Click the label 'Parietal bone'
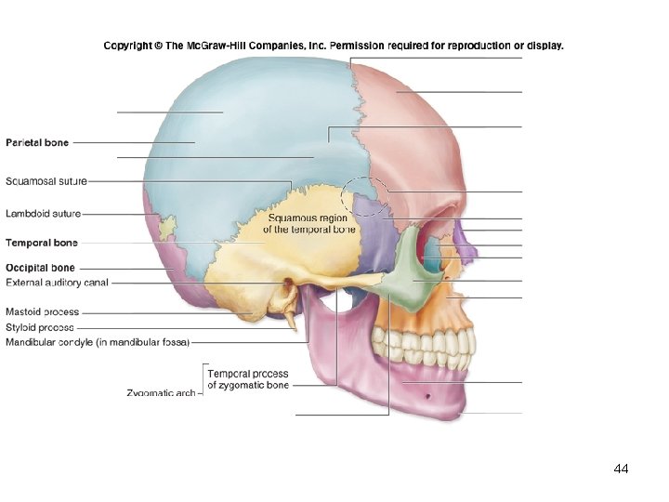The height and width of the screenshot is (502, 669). tap(37, 143)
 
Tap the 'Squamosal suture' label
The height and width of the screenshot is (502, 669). tap(46, 181)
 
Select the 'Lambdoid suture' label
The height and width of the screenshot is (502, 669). tap(43, 214)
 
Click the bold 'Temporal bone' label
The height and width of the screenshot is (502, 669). tap(42, 244)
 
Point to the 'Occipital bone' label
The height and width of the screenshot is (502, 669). tap(40, 269)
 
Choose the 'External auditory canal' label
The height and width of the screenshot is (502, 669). tap(57, 283)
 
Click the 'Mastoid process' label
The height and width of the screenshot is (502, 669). tap(43, 312)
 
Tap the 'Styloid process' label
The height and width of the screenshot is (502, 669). tap(39, 327)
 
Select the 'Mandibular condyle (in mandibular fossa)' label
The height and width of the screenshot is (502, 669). tap(97, 343)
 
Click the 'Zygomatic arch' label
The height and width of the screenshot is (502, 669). tap(161, 393)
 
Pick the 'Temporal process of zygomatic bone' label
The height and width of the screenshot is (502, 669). tap(248, 379)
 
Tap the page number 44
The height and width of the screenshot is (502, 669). tap(622, 469)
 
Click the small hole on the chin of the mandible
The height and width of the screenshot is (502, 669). tap(427, 397)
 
